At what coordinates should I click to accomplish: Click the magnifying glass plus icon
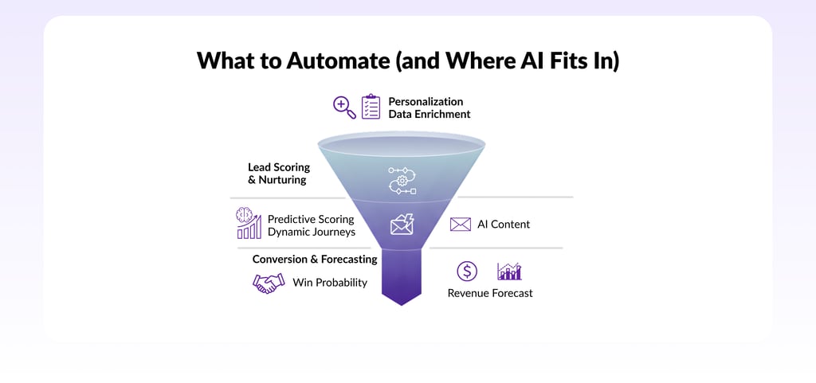(x=344, y=107)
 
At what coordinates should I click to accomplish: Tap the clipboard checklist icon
(x=371, y=107)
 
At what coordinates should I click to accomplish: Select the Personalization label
(x=426, y=101)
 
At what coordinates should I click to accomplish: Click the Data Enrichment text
(x=429, y=115)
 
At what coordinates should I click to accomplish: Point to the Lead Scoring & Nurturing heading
(x=278, y=174)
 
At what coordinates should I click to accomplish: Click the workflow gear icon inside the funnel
(x=402, y=181)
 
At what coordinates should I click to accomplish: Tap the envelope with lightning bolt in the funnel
(x=402, y=225)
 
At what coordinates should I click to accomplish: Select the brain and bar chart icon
(x=249, y=223)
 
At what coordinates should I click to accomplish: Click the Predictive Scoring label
(x=311, y=218)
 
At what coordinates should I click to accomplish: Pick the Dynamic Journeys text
(x=311, y=232)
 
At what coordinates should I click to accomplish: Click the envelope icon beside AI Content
(x=461, y=225)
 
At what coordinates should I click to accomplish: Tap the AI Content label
(x=504, y=225)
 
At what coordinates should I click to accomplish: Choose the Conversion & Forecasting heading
(x=314, y=259)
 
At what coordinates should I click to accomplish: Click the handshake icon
(x=269, y=282)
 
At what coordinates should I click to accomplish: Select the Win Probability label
(x=330, y=282)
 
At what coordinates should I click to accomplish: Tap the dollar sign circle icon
(x=467, y=271)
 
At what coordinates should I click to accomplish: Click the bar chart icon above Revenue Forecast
(x=509, y=271)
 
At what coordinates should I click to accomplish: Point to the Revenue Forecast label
(x=490, y=293)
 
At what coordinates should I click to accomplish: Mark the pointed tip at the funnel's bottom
(x=402, y=303)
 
